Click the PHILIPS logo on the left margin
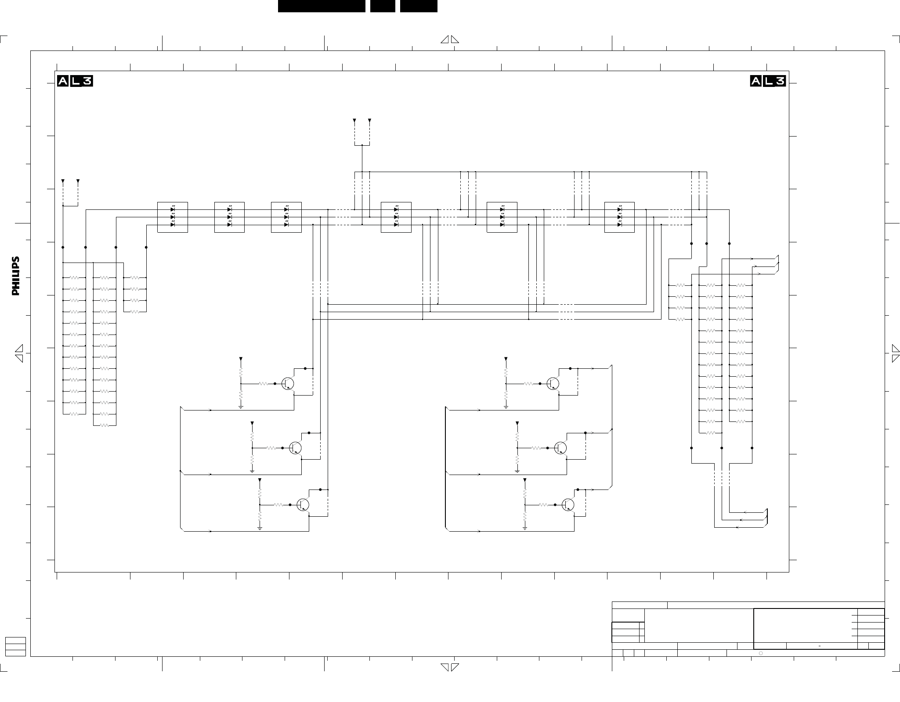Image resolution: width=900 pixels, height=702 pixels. [16, 276]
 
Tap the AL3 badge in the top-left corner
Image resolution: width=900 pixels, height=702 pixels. [75, 81]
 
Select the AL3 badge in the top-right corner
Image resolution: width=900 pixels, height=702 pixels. [768, 81]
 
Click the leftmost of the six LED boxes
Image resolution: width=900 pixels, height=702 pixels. [173, 217]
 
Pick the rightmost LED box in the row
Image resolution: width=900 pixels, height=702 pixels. [619, 217]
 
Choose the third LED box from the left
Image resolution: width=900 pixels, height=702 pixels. [286, 217]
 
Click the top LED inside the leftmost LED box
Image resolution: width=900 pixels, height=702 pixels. [173, 210]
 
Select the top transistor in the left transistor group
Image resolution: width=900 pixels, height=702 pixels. [288, 384]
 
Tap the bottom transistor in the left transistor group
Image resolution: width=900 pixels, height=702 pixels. [303, 505]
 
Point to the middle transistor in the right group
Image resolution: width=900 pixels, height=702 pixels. [560, 448]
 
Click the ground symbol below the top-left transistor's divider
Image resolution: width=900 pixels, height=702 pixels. [241, 407]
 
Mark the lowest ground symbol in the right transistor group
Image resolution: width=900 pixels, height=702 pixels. [525, 529]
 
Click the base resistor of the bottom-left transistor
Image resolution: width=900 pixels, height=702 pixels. [278, 505]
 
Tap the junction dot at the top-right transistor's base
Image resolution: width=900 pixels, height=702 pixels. [540, 384]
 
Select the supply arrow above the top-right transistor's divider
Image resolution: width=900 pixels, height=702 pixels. [506, 359]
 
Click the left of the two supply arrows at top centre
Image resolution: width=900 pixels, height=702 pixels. [354, 120]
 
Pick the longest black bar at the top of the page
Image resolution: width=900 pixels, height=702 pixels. [322, 6]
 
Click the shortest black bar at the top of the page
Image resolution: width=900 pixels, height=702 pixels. [383, 6]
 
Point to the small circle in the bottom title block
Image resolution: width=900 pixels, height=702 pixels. [761, 653]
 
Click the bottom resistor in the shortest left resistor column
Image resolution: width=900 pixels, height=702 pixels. [135, 312]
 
